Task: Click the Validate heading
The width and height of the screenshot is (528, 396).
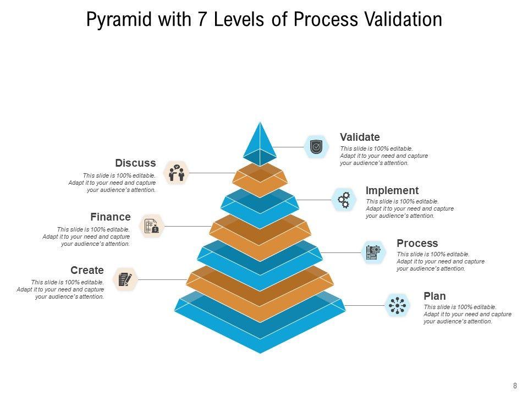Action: click(x=360, y=137)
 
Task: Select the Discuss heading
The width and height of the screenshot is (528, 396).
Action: click(x=135, y=163)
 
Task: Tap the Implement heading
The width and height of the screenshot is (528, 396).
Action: click(x=392, y=191)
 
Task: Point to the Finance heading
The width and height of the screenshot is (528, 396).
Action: click(x=111, y=217)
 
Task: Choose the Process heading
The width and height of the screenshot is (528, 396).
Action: click(x=417, y=243)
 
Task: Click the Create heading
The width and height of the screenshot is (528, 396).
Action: click(x=87, y=270)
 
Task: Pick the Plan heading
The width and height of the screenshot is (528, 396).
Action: click(x=435, y=296)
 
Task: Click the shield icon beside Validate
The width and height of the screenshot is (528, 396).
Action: click(x=316, y=147)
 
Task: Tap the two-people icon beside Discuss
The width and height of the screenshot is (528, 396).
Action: click(x=177, y=173)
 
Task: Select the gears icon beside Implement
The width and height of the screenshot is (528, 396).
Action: click(x=344, y=200)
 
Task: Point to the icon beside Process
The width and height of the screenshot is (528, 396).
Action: click(x=373, y=252)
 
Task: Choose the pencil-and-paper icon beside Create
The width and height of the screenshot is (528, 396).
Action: click(x=125, y=279)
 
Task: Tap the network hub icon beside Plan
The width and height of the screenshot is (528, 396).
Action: click(x=397, y=305)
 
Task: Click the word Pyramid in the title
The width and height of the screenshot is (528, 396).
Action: click(x=120, y=20)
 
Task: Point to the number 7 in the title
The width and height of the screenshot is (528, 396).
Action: click(x=202, y=19)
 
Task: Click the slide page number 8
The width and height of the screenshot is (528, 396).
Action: click(x=515, y=386)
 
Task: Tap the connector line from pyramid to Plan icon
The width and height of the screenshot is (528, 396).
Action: click(x=365, y=305)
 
